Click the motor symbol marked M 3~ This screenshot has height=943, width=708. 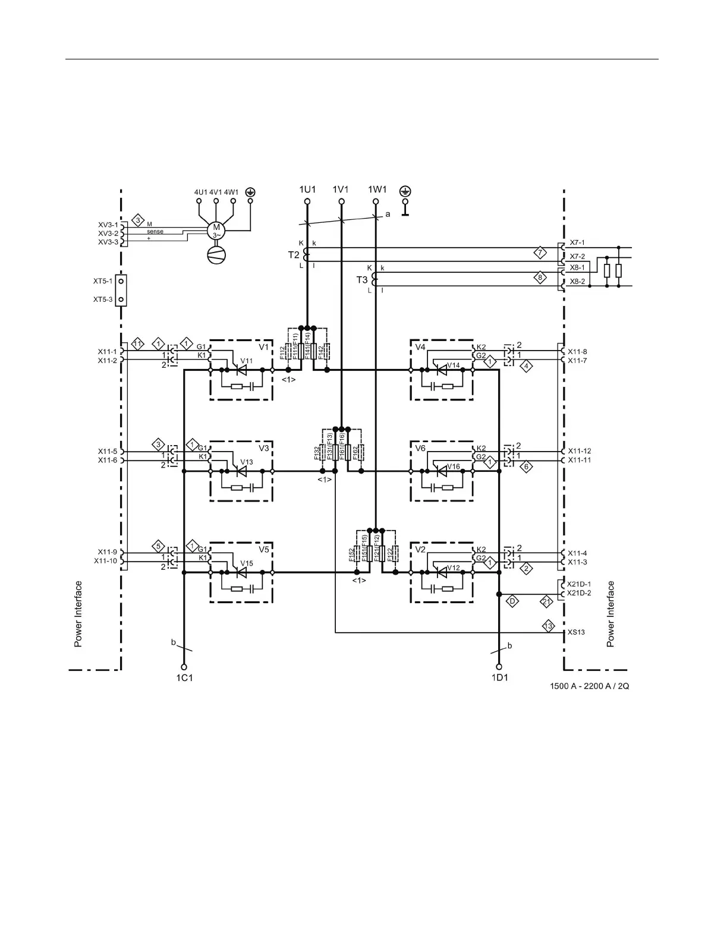coord(216,230)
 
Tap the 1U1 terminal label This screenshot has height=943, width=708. coord(307,190)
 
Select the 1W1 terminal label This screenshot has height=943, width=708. coord(377,190)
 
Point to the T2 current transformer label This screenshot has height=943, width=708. coord(294,255)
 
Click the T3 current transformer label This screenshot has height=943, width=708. coord(361,280)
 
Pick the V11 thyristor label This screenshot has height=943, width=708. coord(246,361)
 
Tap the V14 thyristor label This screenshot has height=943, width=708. coord(454,365)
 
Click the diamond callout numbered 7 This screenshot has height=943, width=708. coord(539,252)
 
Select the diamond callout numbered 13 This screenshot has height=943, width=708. coord(549,626)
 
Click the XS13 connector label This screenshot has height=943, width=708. coord(576,632)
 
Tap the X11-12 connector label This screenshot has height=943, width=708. coord(580,451)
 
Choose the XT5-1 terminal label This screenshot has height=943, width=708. coord(102,280)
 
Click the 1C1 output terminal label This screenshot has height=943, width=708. coord(184,678)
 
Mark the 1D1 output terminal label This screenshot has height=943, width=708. coord(499,678)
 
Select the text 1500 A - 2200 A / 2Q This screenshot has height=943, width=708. coord(589,686)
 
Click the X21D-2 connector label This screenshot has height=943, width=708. coord(579,593)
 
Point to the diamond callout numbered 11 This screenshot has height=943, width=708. coord(137,344)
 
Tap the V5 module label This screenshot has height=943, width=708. coord(264,550)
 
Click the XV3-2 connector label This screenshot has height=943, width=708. coord(108,234)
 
